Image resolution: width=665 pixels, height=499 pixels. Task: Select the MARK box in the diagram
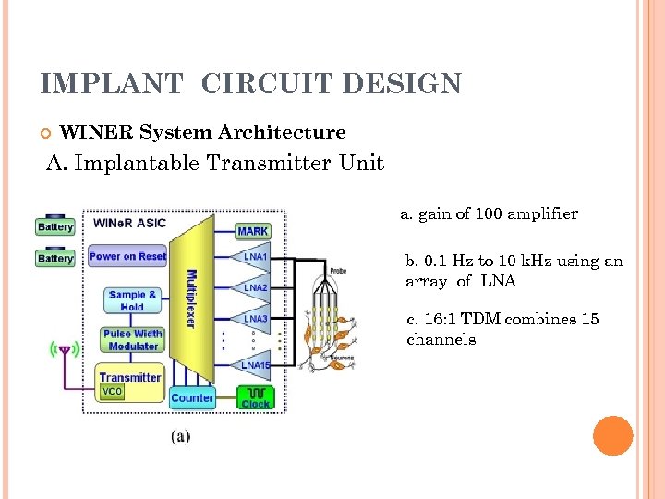253,230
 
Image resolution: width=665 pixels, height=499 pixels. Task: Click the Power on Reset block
127,256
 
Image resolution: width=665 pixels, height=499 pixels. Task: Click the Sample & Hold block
132,300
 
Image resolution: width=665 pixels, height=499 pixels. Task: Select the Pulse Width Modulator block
132,340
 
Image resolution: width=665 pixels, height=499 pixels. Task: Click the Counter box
192,398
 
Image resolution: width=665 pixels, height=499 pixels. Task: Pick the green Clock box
256,398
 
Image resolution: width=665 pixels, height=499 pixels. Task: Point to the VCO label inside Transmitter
112,391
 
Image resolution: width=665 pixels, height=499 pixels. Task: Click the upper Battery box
55,226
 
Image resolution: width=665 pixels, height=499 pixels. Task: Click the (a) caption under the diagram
181,436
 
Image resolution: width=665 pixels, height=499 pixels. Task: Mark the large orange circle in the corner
612,436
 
